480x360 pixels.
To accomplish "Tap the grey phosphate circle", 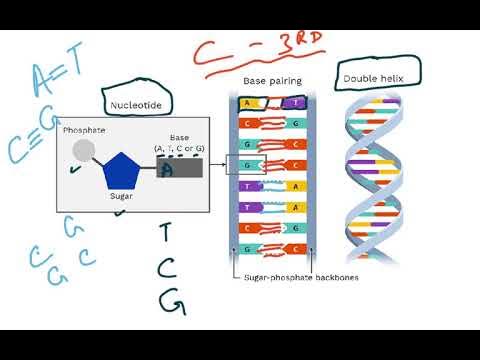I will [85, 152].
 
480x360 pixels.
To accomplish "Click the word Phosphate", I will [84, 130].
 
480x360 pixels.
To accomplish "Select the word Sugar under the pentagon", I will [122, 197].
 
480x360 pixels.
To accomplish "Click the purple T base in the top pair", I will [296, 103].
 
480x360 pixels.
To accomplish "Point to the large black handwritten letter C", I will [169, 266].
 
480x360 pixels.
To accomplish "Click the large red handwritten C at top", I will [209, 53].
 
